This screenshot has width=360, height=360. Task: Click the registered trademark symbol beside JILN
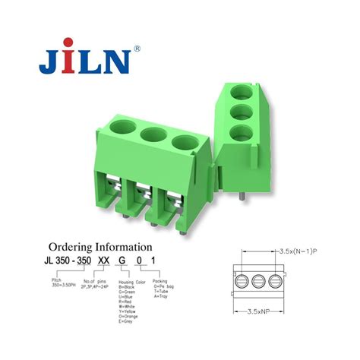coord(137,49)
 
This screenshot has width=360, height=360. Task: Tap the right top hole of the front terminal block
coord(183,143)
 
